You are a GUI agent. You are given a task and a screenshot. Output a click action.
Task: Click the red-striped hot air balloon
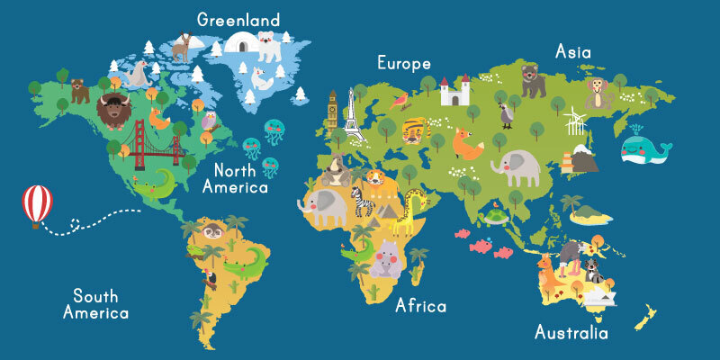pyautogui.click(x=37, y=202)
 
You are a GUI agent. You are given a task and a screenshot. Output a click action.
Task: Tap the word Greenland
pyautogui.click(x=238, y=20)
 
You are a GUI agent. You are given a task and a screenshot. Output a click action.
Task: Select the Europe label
pyautogui.click(x=403, y=65)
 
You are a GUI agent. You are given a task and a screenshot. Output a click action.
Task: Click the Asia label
pyautogui.click(x=572, y=51)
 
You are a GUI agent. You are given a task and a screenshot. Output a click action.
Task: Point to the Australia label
pyautogui.click(x=571, y=333)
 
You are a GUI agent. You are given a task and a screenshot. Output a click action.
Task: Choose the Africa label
pyautogui.click(x=421, y=306)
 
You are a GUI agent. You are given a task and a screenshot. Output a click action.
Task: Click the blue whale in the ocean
pyautogui.click(x=645, y=148)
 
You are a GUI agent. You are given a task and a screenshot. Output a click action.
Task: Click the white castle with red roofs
pyautogui.click(x=454, y=91)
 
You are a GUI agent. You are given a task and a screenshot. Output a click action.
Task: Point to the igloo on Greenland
pyautogui.click(x=240, y=42)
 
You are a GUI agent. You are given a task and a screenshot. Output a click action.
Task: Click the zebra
pyautogui.click(x=363, y=206)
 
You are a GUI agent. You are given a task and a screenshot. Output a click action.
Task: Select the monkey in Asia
pyautogui.click(x=598, y=93)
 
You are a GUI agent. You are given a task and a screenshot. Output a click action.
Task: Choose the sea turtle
pyautogui.click(x=492, y=217)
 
